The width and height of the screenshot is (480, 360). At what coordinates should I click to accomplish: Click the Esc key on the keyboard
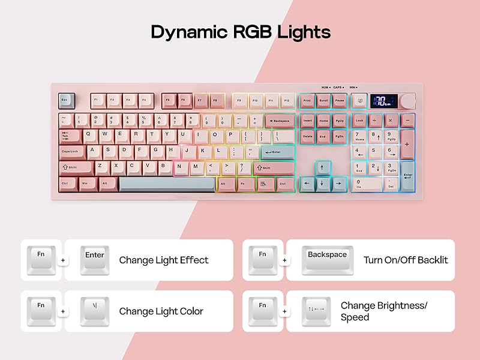[x=66, y=100]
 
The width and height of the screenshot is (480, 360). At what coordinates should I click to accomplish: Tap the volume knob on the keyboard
[x=409, y=100]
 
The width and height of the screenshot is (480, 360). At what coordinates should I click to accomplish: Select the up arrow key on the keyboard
[x=323, y=167]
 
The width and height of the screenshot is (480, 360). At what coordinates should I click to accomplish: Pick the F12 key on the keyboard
[x=288, y=101]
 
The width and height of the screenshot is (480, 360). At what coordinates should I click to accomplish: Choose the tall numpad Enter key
[x=407, y=174]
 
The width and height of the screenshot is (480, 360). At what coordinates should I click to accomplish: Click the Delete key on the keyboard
[x=308, y=136]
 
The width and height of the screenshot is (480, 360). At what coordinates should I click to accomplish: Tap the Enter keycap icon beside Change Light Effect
[x=95, y=260]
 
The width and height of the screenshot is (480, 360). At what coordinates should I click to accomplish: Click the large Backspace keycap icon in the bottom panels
[x=327, y=260]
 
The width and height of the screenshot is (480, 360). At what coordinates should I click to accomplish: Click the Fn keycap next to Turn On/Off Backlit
[x=263, y=260]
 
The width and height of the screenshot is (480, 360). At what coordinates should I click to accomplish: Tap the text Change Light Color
[x=161, y=311]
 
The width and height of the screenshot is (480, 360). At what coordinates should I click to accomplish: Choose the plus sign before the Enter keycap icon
[x=63, y=260]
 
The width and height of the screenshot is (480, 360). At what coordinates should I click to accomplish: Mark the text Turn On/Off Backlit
[x=406, y=260]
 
